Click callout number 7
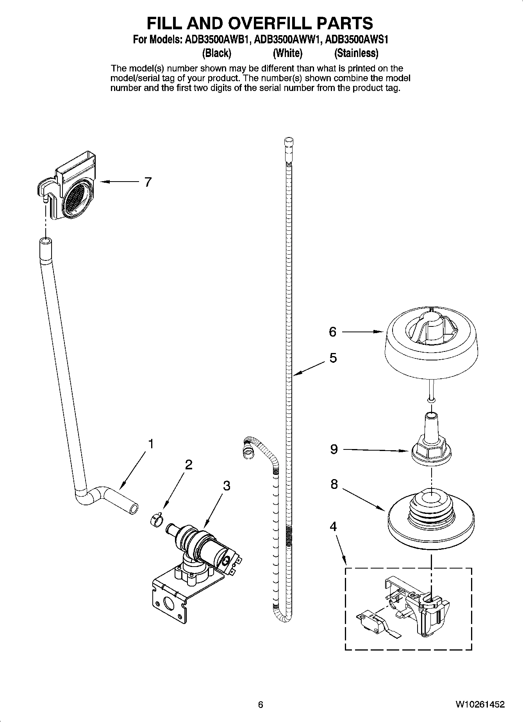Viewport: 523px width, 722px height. point(148,182)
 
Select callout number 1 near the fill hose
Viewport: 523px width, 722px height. point(150,444)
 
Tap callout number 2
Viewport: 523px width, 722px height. point(188,465)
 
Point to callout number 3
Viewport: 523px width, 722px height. point(227,486)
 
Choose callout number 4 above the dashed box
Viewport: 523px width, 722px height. point(333,527)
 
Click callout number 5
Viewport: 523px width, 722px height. point(333,358)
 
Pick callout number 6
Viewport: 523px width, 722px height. point(332,332)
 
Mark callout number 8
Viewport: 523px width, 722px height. point(334,484)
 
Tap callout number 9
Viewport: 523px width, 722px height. point(334,449)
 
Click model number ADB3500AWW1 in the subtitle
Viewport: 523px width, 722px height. point(287,40)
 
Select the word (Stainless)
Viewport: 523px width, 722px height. point(356,53)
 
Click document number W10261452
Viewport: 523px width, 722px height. point(480,704)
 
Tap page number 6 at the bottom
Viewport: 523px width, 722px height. point(261,704)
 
